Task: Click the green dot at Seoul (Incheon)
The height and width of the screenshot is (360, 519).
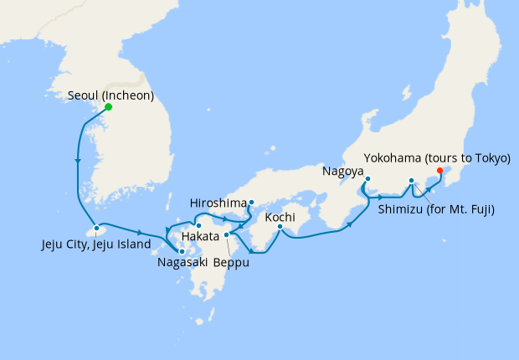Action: [109, 107]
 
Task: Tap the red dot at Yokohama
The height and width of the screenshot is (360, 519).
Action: [440, 172]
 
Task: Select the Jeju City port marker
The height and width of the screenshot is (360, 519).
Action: [97, 227]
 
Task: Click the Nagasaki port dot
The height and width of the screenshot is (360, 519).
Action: [182, 250]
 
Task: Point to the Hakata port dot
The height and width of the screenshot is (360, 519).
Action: [198, 225]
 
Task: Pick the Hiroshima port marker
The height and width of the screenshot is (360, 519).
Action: [251, 202]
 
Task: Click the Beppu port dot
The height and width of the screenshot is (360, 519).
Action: [227, 235]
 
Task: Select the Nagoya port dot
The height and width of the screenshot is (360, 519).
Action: [367, 178]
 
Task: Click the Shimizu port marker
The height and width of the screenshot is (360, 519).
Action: [411, 180]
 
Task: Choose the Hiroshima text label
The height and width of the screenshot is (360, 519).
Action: [219, 203]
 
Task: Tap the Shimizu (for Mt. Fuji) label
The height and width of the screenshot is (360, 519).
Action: [435, 208]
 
